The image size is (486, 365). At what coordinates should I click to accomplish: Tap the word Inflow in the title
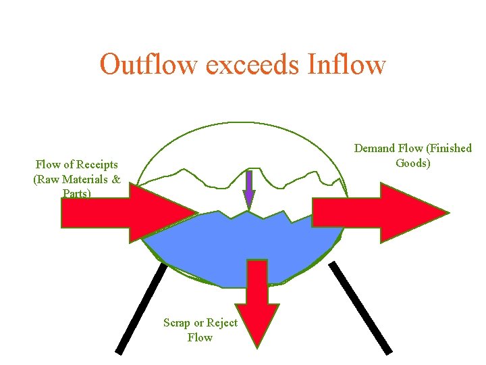click(x=346, y=65)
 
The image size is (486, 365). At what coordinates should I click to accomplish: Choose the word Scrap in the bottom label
click(x=177, y=323)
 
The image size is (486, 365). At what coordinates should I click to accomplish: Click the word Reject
click(x=222, y=323)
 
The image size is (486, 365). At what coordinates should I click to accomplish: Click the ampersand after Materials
click(x=117, y=179)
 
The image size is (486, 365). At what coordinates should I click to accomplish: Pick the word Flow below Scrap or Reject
click(x=200, y=337)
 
